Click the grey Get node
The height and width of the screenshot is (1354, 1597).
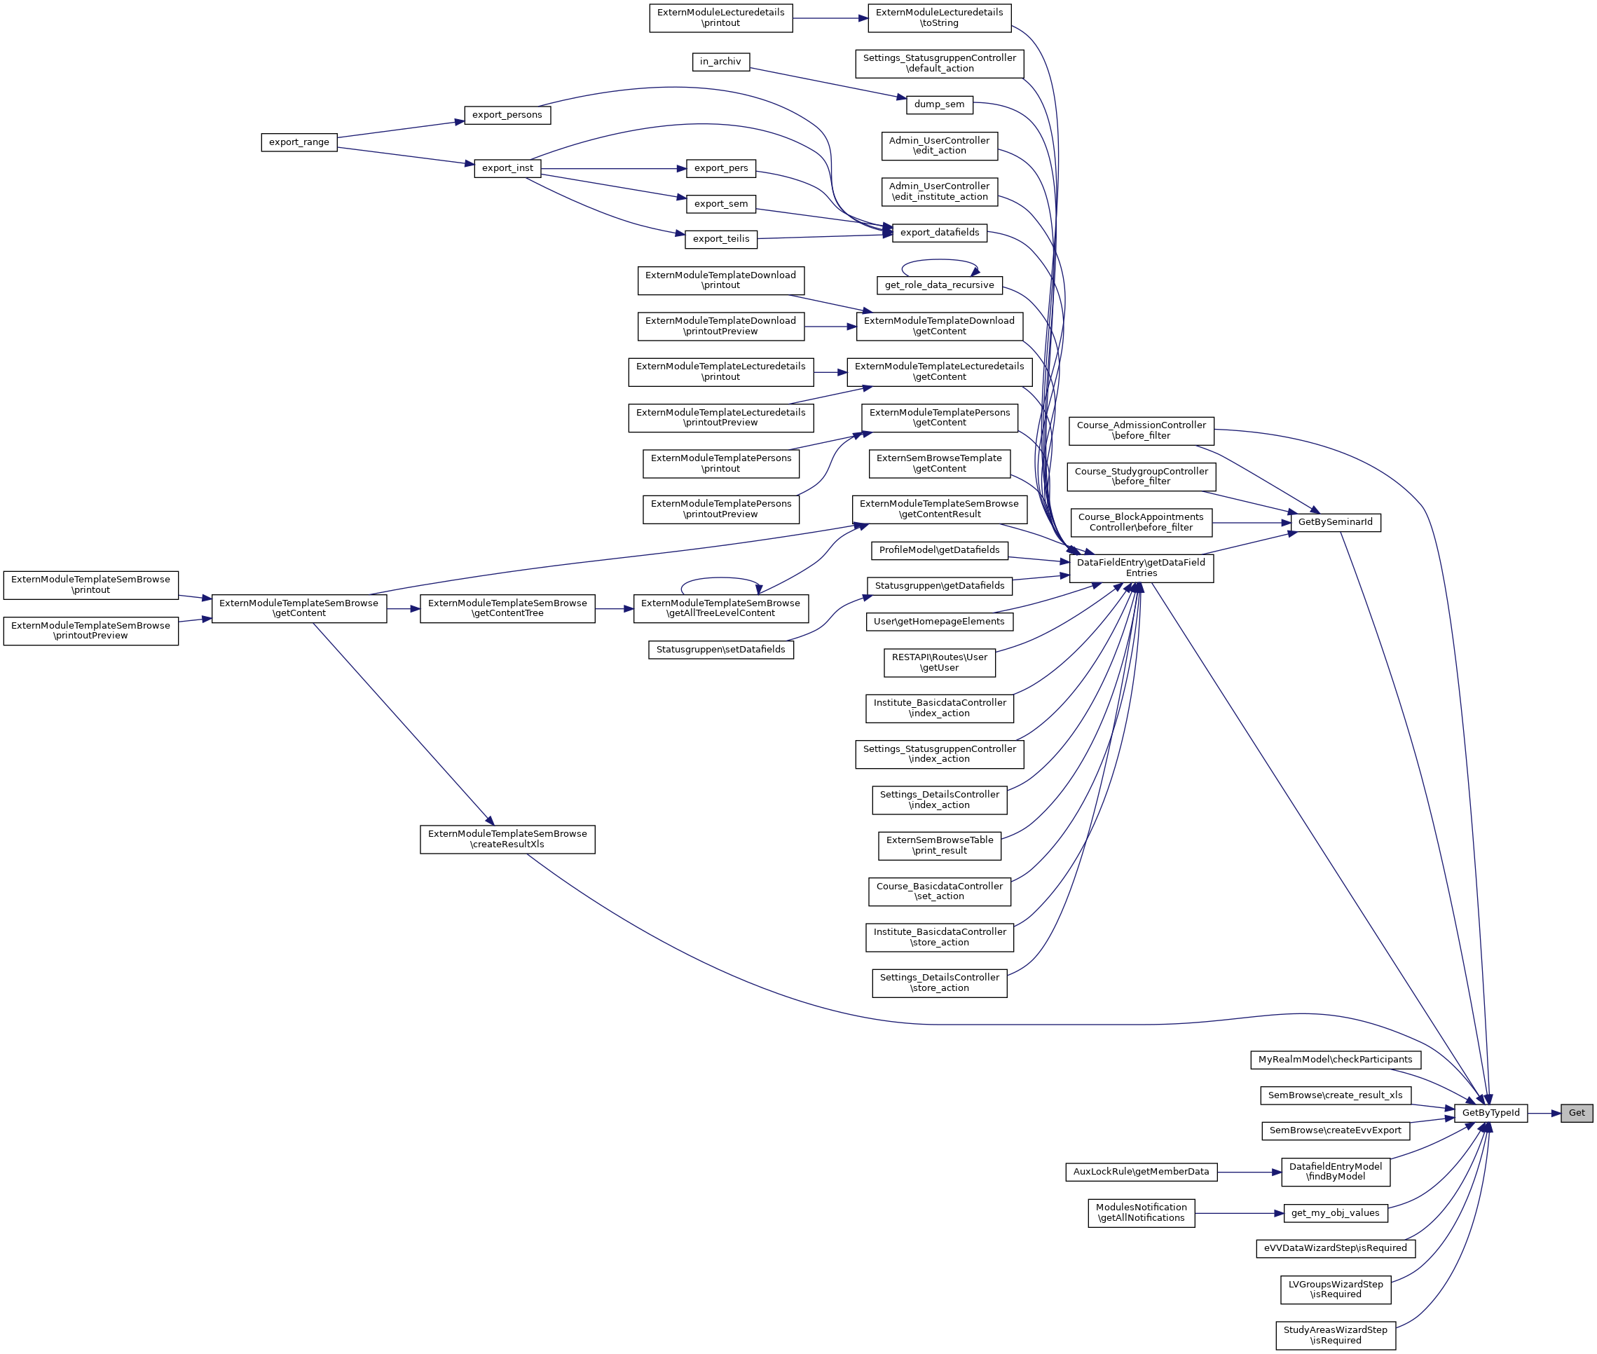click(x=1576, y=1113)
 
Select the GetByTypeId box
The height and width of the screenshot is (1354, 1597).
click(x=1490, y=1113)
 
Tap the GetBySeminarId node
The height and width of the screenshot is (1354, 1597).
click(x=1336, y=523)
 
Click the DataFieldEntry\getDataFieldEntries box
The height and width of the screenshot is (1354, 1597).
click(x=1141, y=568)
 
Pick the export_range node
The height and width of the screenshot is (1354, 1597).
click(x=299, y=142)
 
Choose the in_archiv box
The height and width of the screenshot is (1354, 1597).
click(x=720, y=62)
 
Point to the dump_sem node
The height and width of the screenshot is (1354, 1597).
click(x=938, y=104)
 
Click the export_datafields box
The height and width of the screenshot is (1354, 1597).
click(x=939, y=233)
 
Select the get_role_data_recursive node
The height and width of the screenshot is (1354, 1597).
click(x=938, y=285)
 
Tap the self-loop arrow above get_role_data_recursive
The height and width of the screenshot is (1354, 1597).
click(x=939, y=261)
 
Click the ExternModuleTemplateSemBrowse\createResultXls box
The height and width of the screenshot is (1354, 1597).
click(x=507, y=839)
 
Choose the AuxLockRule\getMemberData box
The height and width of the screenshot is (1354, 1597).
click(x=1140, y=1172)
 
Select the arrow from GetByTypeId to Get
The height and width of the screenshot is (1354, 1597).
click(x=1543, y=1113)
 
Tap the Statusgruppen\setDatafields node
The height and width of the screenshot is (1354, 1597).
click(x=720, y=650)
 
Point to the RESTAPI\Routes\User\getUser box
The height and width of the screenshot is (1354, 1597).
click(x=938, y=662)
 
